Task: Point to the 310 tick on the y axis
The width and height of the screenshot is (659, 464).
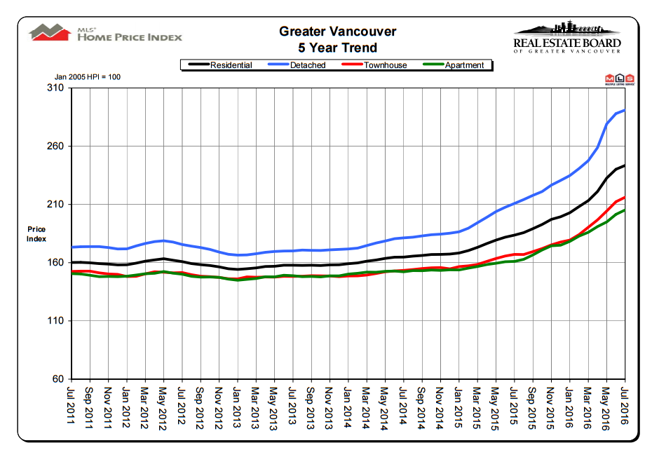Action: click(x=55, y=88)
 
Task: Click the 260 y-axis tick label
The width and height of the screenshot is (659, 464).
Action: click(x=55, y=146)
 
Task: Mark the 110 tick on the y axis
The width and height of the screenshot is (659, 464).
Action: click(x=55, y=321)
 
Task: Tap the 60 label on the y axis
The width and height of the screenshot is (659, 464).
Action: click(x=58, y=379)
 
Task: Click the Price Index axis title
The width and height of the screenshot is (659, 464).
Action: click(x=36, y=234)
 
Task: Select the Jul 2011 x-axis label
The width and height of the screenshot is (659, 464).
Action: click(x=71, y=404)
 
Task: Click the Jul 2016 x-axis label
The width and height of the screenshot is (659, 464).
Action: click(x=625, y=404)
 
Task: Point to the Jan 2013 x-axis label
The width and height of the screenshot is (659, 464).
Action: click(x=237, y=404)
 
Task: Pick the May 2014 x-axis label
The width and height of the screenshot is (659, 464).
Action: click(x=385, y=404)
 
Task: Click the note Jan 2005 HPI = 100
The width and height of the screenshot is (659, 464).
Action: click(x=88, y=76)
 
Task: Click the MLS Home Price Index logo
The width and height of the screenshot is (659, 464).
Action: click(x=105, y=34)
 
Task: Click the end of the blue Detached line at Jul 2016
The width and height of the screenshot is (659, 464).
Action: click(x=624, y=110)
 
